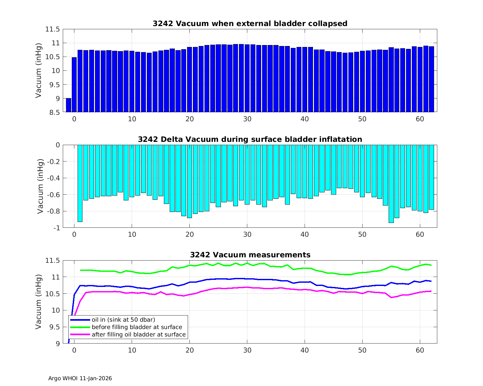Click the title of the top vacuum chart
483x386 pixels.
[x=250, y=23]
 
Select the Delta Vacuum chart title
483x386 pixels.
[x=250, y=139]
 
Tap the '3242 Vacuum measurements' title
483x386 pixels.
[x=250, y=255]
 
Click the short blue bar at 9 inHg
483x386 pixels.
[x=69, y=105]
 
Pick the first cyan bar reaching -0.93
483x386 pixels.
[x=80, y=183]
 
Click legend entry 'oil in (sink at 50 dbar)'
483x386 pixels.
[x=123, y=319]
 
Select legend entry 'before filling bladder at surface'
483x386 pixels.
[x=137, y=327]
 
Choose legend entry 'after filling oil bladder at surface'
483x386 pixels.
[x=138, y=335]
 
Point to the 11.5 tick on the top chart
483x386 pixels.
[x=52, y=29]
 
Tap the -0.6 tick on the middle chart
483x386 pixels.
[x=53, y=195]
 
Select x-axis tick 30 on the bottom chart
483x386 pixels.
[x=247, y=350]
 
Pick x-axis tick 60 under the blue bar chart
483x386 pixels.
[x=420, y=119]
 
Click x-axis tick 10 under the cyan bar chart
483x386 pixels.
[x=132, y=234]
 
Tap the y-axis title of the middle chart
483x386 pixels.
[x=40, y=186]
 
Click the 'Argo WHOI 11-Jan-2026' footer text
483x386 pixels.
[x=80, y=379]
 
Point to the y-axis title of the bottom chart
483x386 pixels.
[x=39, y=302]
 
